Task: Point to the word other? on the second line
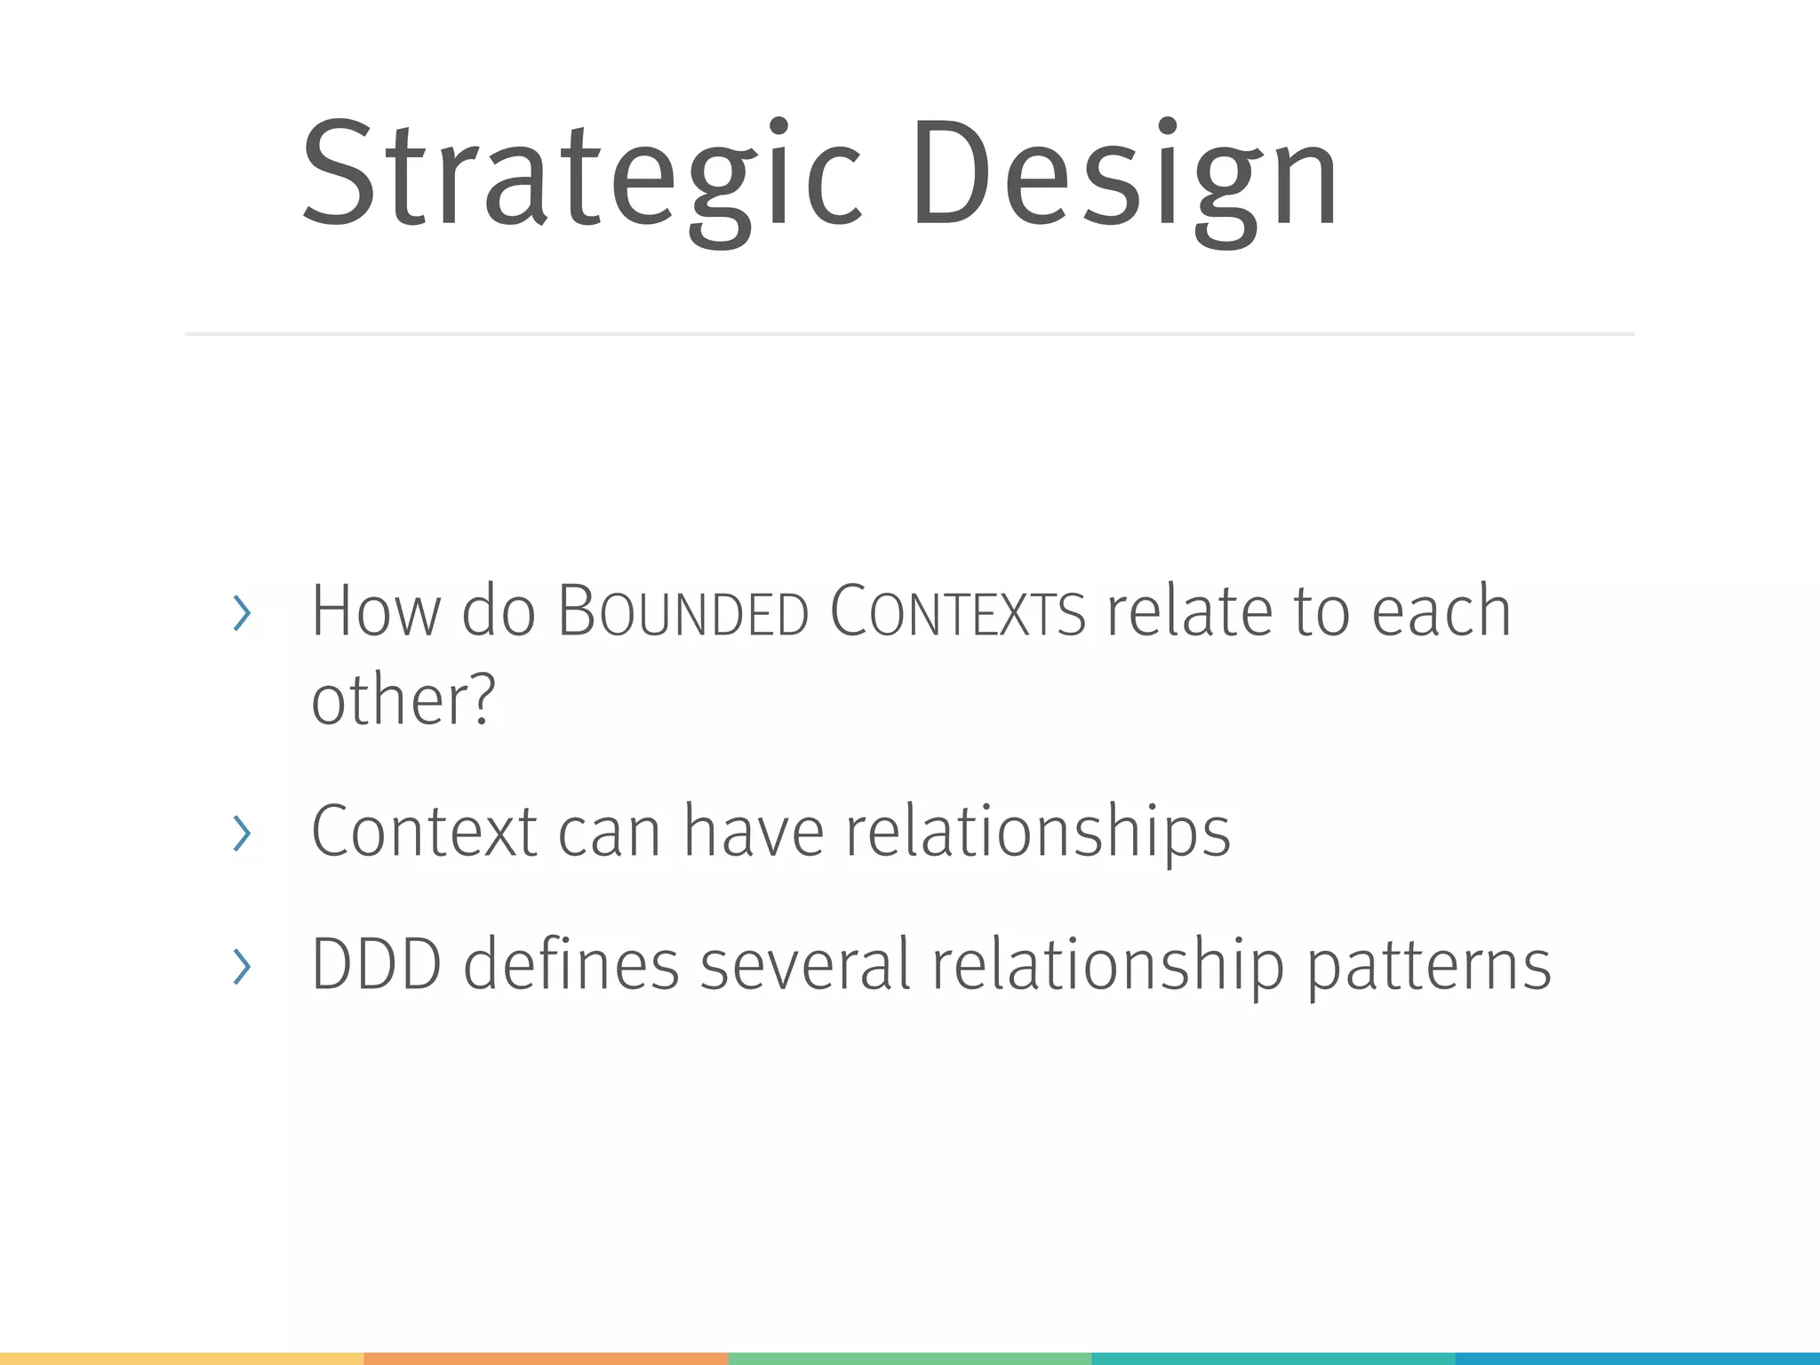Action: (x=403, y=700)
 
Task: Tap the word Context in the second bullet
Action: (x=424, y=832)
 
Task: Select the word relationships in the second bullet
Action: (x=1037, y=832)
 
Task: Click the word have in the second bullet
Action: (x=754, y=832)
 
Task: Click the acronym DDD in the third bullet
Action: (x=376, y=964)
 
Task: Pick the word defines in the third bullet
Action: (x=571, y=964)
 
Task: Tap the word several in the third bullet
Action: (x=804, y=964)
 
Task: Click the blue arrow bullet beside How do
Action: (x=241, y=613)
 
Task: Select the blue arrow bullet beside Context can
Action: (x=241, y=834)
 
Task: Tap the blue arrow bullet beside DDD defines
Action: (x=241, y=966)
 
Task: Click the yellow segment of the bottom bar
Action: (x=181, y=1359)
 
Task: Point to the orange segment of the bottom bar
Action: (x=546, y=1359)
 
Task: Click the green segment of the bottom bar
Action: (x=909, y=1359)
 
